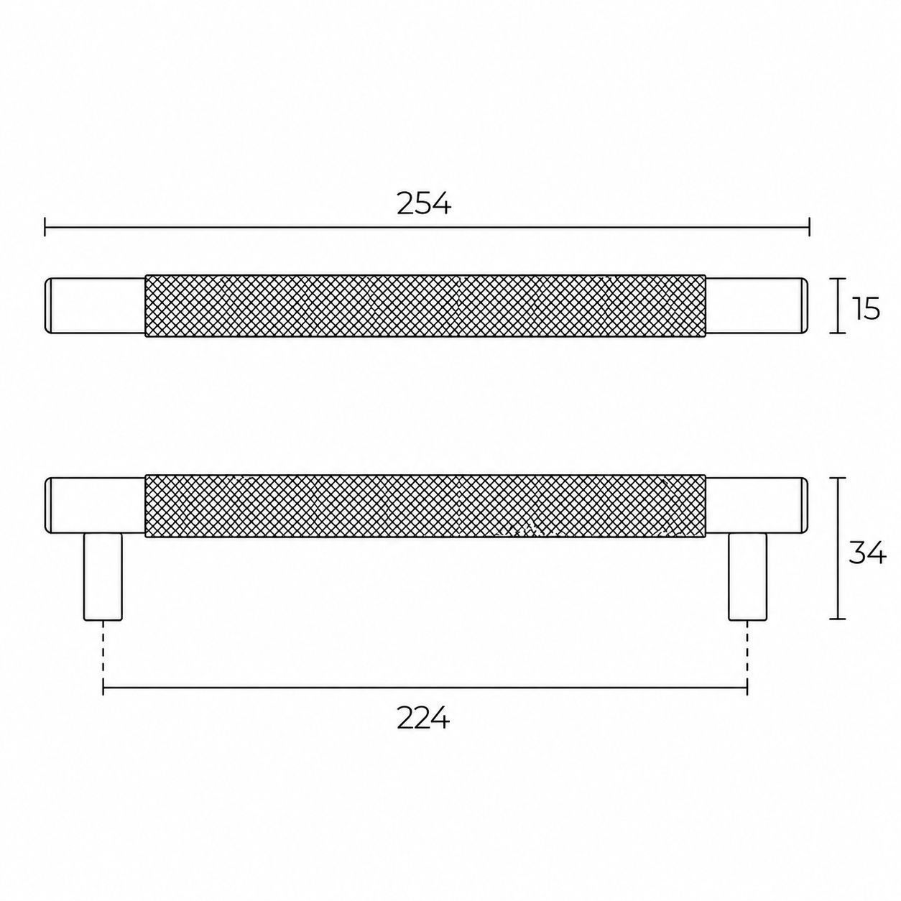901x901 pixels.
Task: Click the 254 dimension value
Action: pyautogui.click(x=424, y=204)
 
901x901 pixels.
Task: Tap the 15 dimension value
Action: pyautogui.click(x=867, y=308)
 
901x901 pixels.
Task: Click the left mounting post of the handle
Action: pyautogui.click(x=103, y=577)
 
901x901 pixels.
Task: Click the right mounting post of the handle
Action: pyautogui.click(x=747, y=577)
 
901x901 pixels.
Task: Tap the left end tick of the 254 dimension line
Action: pyautogui.click(x=45, y=228)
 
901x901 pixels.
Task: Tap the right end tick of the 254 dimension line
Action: pyautogui.click(x=809, y=228)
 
